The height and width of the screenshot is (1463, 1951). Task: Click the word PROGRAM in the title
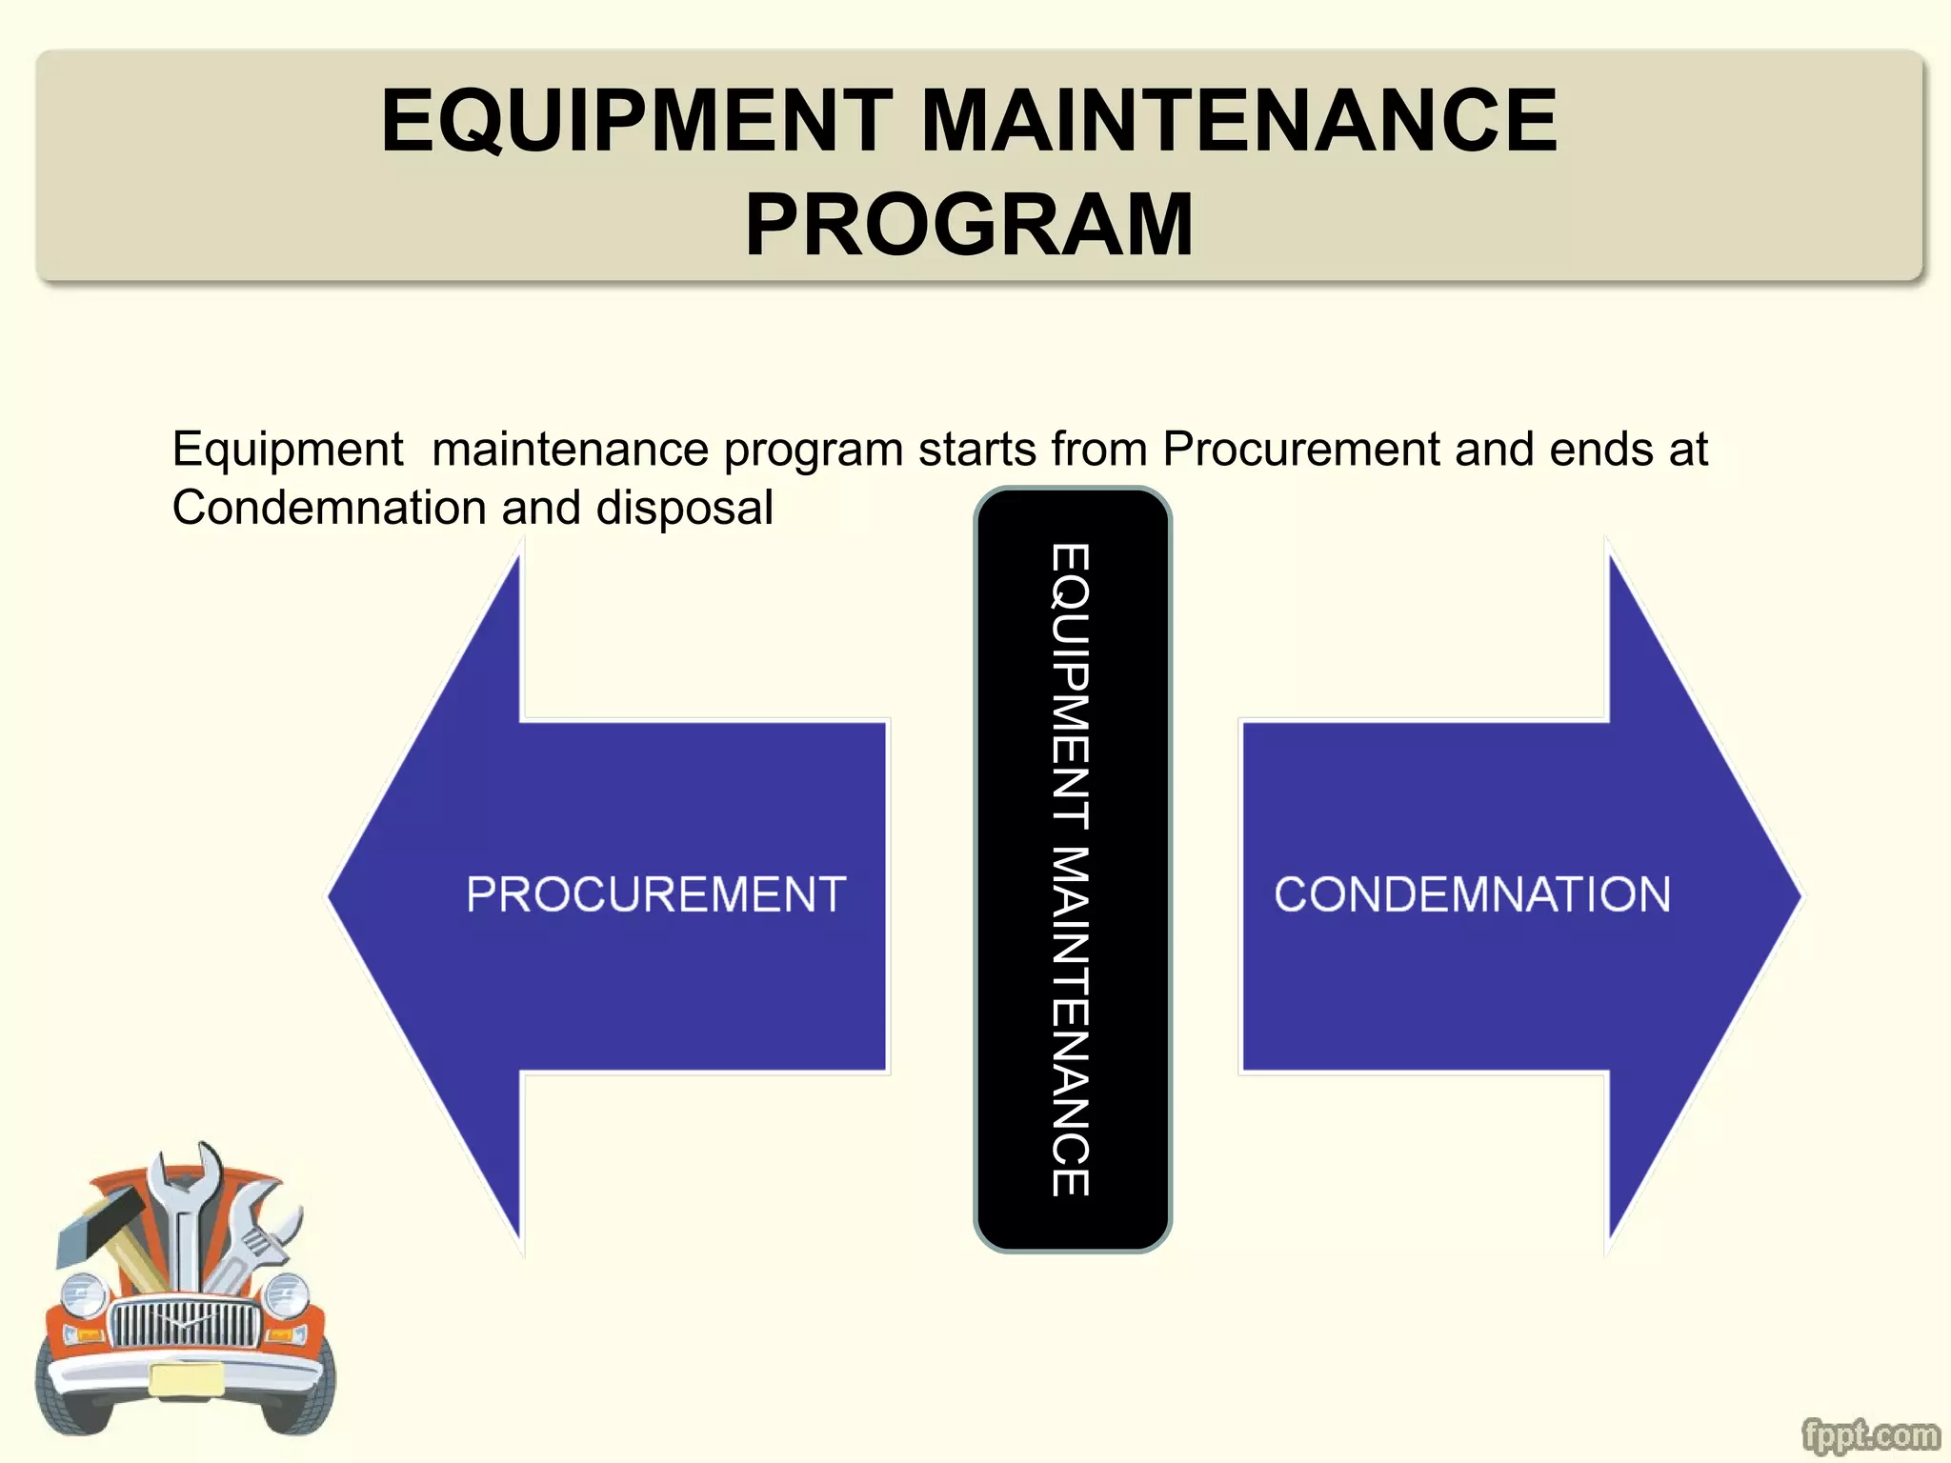point(969,225)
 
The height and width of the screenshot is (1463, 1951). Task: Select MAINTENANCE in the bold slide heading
point(1239,120)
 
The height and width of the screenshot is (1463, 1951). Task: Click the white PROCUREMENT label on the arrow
point(655,894)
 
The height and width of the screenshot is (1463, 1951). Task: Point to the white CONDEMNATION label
point(1472,894)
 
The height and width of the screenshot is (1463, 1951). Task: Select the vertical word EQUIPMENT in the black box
point(1071,685)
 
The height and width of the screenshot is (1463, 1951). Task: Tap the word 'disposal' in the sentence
point(684,508)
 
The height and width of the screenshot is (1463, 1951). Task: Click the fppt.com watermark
point(1870,1434)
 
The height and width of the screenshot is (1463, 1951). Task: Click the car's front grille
point(185,1323)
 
